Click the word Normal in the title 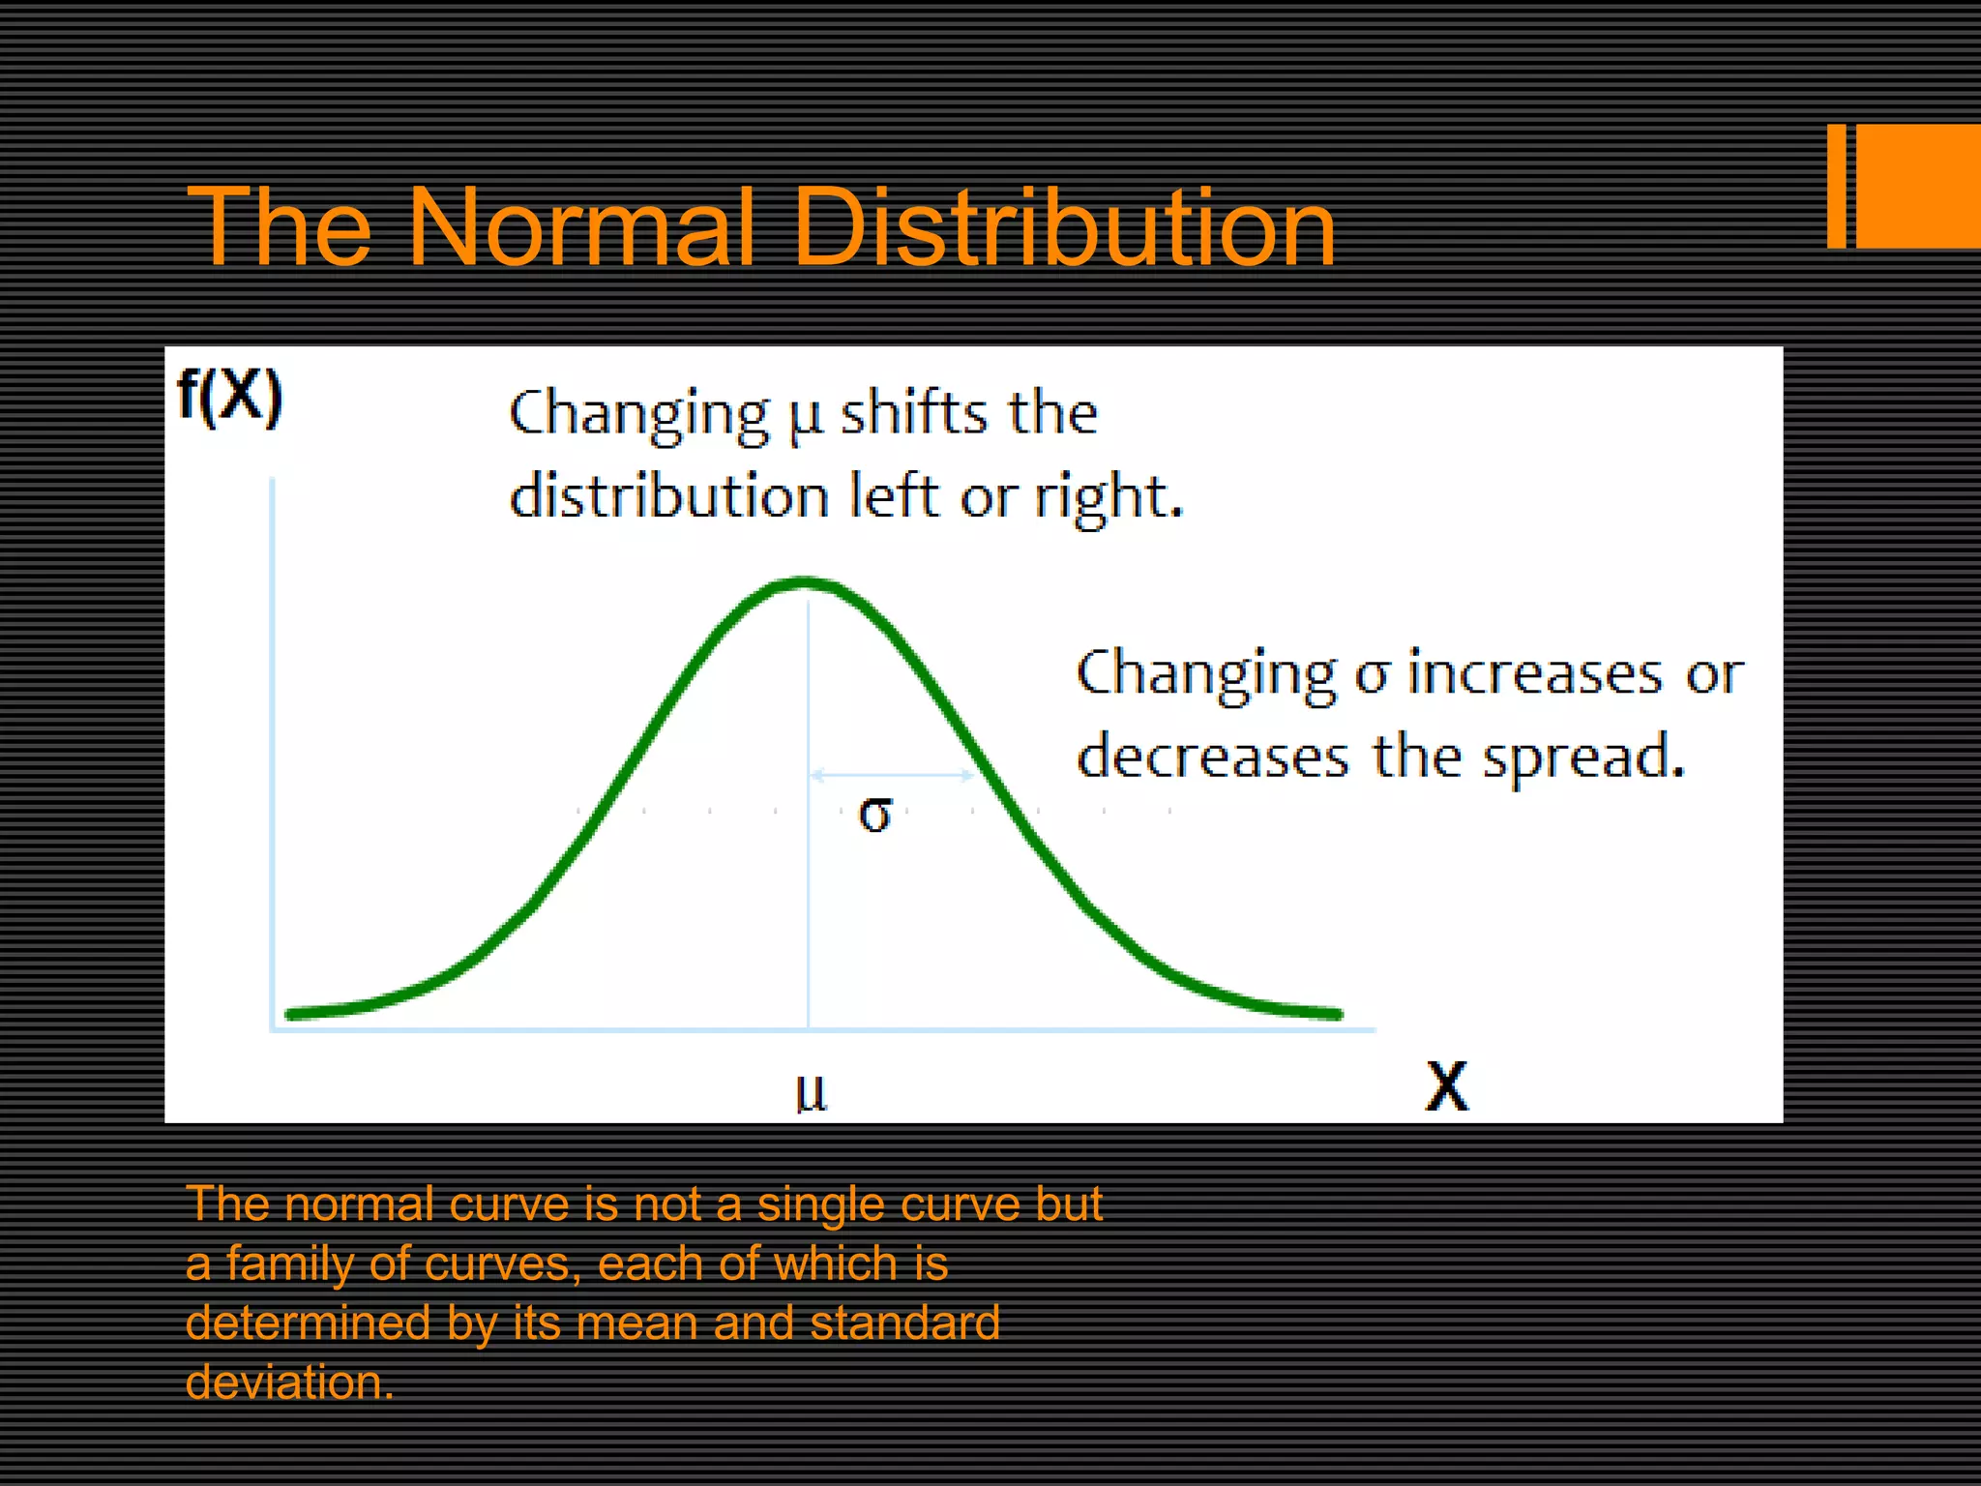pyautogui.click(x=580, y=228)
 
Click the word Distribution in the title pyautogui.click(x=1064, y=228)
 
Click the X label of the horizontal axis pyautogui.click(x=1447, y=1086)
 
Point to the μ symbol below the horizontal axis pyautogui.click(x=811, y=1092)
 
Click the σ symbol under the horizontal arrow pyautogui.click(x=875, y=815)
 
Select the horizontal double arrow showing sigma pyautogui.click(x=893, y=775)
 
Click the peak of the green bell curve pyautogui.click(x=806, y=582)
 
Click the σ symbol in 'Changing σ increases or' pyautogui.click(x=1371, y=674)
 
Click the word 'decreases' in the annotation pyautogui.click(x=1213, y=757)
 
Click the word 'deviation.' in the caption pyautogui.click(x=289, y=1382)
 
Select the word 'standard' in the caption pyautogui.click(x=904, y=1323)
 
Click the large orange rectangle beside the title pyautogui.click(x=1918, y=186)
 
